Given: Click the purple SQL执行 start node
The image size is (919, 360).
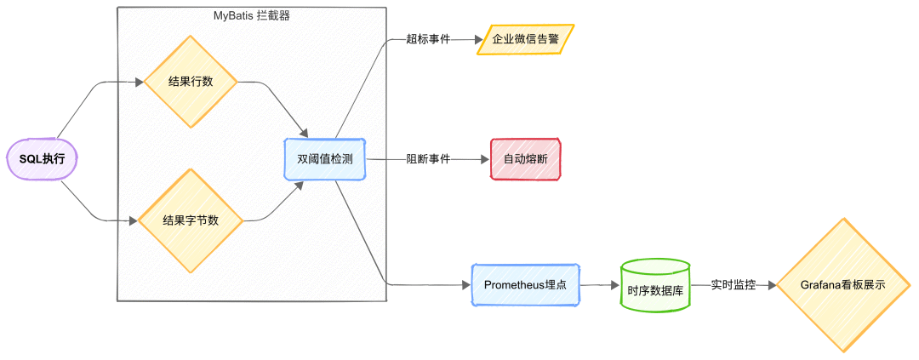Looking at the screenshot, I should coord(43,159).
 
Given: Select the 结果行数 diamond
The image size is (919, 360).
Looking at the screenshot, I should coord(191,82).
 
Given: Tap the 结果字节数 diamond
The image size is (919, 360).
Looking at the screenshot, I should coord(191,220).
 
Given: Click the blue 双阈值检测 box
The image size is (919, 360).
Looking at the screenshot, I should coord(325,158).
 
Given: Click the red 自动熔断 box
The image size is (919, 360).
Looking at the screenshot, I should coord(526,158).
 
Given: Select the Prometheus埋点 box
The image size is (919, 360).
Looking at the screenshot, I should coord(526,284).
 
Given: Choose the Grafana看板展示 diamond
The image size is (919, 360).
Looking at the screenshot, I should coord(842,285).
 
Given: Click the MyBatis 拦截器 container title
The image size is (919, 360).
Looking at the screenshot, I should coord(251,14).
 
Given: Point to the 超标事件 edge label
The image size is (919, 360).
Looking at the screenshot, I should coord(428,39).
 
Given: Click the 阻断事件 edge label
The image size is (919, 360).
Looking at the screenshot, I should coord(428,158).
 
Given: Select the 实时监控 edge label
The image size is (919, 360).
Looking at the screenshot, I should coord(733,285).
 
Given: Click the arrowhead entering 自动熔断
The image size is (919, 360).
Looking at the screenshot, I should coord(485,158).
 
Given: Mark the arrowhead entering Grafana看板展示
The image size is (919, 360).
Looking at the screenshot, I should coord(771,285).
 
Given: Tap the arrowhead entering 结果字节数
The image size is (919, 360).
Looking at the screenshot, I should coord(134,220).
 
